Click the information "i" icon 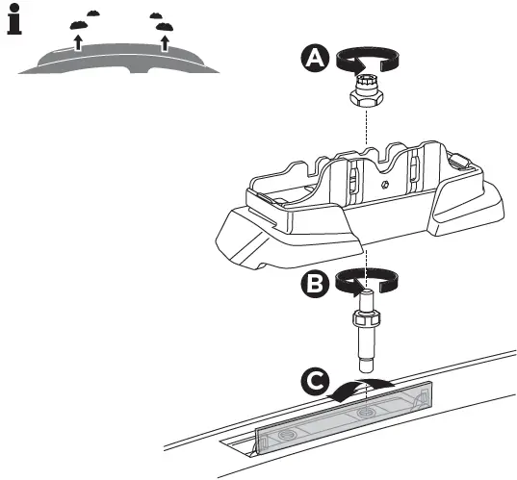pos(13,21)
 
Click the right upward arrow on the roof pos(165,42)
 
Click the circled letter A pos(314,59)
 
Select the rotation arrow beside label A pos(367,59)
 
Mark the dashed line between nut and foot pos(367,125)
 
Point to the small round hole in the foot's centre pos(385,184)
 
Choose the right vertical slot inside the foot pos(414,171)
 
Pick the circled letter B pos(314,283)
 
